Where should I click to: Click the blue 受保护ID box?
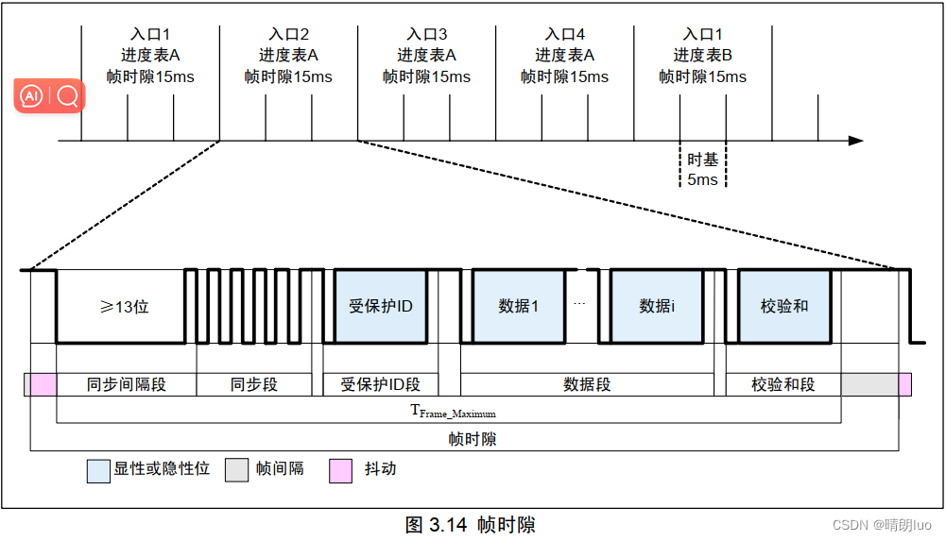[380, 306]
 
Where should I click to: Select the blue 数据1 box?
[518, 306]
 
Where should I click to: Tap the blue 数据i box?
[657, 306]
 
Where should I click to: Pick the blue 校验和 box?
[784, 306]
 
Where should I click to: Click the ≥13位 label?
[125, 307]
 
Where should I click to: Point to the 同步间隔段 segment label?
[126, 384]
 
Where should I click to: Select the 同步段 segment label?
[254, 384]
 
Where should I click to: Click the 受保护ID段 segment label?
[380, 384]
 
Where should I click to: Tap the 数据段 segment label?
[587, 384]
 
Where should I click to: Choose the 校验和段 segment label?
[783, 384]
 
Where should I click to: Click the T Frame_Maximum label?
[453, 412]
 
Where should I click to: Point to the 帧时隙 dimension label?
[472, 439]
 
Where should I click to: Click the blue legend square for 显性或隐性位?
[98, 470]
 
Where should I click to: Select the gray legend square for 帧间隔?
[236, 470]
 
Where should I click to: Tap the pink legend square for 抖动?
[340, 470]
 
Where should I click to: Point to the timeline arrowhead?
[856, 141]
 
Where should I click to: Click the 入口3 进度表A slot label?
[426, 56]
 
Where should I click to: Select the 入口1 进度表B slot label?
[702, 56]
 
